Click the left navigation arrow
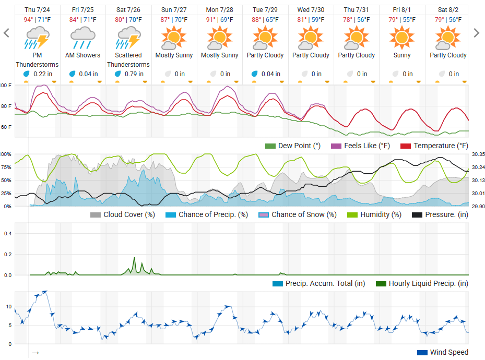[7, 33]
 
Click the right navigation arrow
[476, 33]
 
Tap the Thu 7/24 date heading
[37, 10]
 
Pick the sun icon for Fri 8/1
[402, 38]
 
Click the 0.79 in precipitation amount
[133, 74]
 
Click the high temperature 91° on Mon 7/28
[210, 20]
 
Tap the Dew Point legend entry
[293, 146]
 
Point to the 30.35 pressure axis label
[478, 154]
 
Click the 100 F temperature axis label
[6, 85]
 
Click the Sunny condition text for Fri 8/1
[402, 55]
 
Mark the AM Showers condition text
[82, 55]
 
